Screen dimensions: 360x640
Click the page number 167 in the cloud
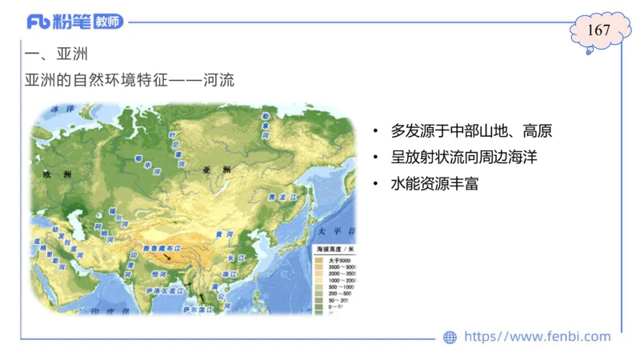click(598, 30)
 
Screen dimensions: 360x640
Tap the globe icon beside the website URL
click(450, 337)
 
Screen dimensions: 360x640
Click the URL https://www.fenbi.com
click(538, 337)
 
